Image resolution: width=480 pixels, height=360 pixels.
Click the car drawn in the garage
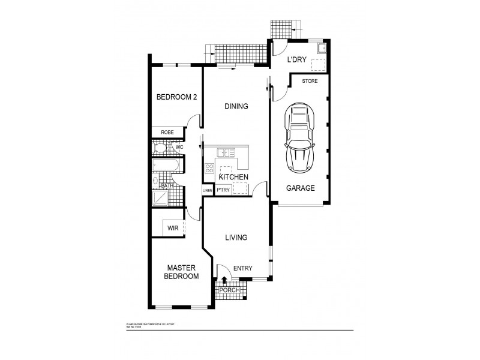[299, 136]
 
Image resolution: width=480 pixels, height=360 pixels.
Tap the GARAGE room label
[299, 188]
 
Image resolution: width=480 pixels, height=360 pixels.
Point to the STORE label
[310, 80]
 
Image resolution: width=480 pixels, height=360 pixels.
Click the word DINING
[236, 106]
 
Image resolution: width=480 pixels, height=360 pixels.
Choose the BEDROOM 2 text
[176, 97]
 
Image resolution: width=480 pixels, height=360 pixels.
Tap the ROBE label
[167, 133]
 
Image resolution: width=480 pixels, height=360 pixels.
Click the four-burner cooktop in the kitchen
[210, 168]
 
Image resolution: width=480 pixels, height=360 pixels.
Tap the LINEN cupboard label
[208, 190]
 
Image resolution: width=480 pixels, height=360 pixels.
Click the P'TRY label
[224, 190]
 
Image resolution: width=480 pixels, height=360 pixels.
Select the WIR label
[172, 228]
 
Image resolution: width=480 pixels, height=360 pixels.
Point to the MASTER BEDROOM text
[182, 272]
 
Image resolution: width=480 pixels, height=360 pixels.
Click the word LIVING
[236, 238]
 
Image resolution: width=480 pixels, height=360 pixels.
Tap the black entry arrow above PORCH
[224, 279]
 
